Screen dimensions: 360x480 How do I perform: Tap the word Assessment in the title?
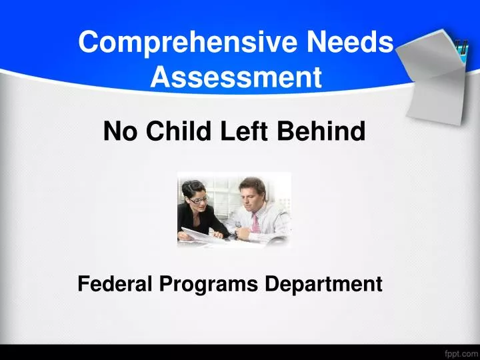click(x=236, y=78)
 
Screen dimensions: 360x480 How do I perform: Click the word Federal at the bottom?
click(x=115, y=284)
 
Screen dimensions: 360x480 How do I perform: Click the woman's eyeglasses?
click(x=197, y=199)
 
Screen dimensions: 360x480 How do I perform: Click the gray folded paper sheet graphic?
click(x=433, y=77)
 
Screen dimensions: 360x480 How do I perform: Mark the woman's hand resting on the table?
click(x=218, y=233)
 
